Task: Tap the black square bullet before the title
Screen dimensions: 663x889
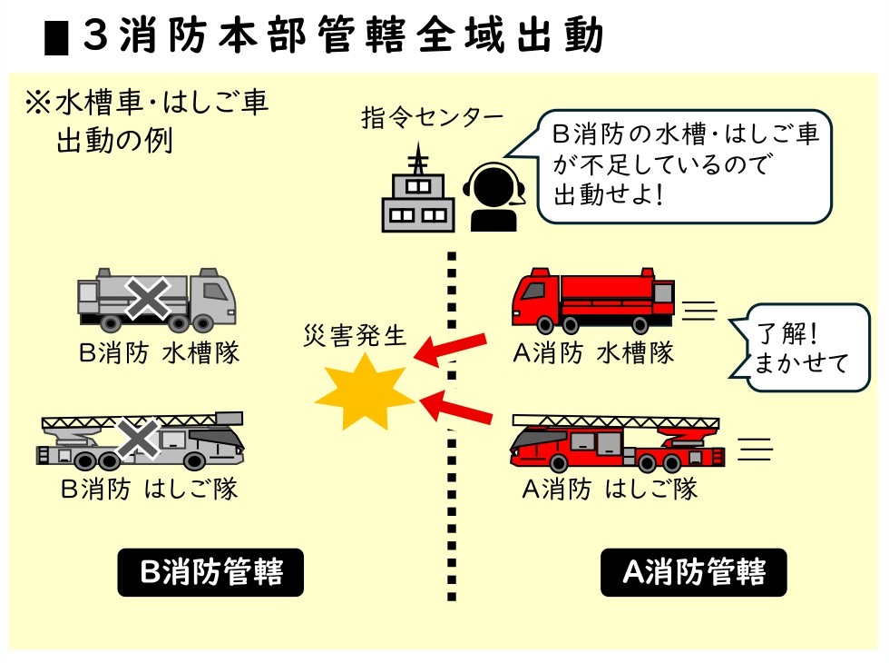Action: (x=56, y=38)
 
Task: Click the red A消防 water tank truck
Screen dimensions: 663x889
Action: (x=592, y=299)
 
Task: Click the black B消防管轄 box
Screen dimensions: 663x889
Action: (x=210, y=572)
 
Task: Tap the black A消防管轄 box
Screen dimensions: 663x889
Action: (x=693, y=572)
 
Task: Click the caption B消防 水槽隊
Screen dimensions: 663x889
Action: (x=159, y=353)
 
